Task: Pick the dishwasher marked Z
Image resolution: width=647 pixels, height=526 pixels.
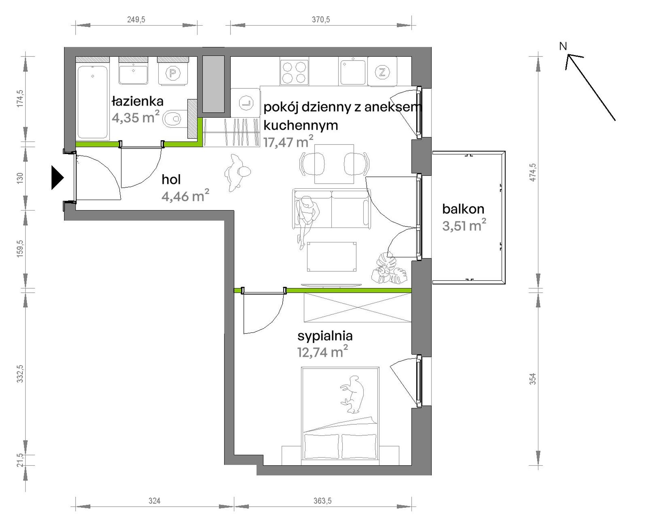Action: point(382,72)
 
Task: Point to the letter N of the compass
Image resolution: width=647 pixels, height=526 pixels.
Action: point(563,46)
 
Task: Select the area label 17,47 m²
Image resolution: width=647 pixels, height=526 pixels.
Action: point(288,141)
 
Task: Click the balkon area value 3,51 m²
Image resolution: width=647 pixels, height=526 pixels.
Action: point(464,225)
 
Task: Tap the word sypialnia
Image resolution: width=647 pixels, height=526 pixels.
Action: point(325,336)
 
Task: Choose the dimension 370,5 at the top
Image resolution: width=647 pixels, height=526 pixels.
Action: point(321,19)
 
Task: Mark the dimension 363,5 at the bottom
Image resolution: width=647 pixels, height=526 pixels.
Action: point(323,500)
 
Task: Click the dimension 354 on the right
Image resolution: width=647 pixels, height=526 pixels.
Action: point(533,378)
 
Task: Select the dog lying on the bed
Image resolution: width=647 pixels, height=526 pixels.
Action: point(352,394)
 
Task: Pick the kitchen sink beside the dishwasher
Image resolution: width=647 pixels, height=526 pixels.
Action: point(352,72)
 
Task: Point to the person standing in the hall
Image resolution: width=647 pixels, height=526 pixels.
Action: point(237,172)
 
